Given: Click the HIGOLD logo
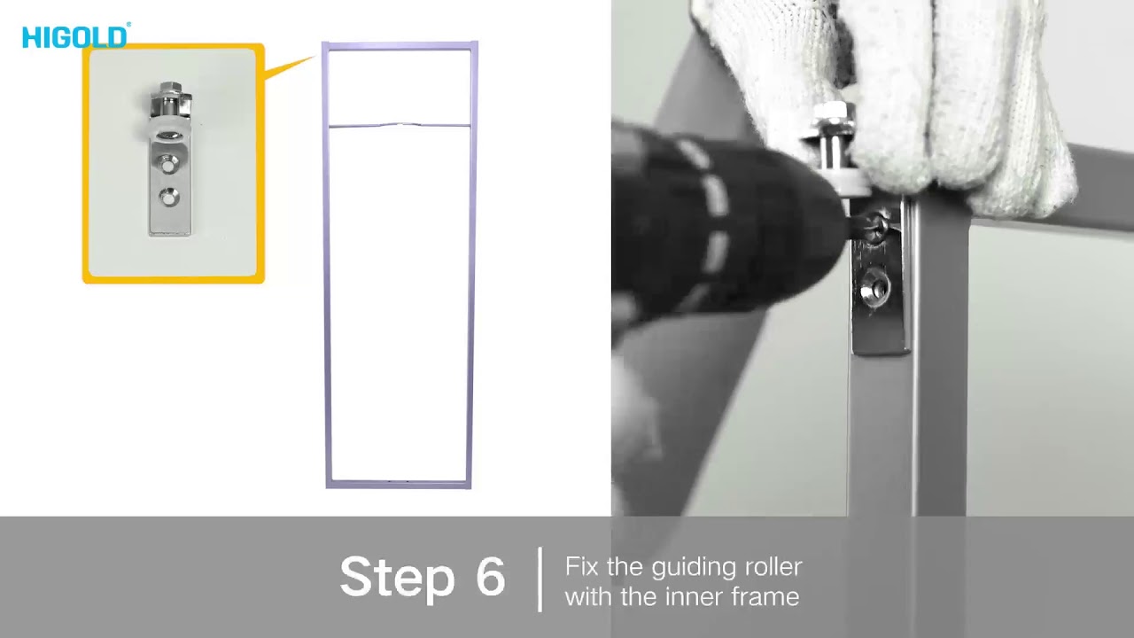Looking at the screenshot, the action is click(76, 36).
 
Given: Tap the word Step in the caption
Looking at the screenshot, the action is click(398, 578).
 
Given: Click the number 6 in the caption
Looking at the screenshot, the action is click(491, 575).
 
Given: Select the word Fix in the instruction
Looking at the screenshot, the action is click(582, 566).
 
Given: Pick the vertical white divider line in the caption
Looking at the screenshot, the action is click(540, 580).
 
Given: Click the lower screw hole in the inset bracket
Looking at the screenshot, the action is click(167, 197).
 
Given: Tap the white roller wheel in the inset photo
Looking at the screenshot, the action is click(166, 133).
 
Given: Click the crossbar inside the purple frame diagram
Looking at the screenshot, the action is click(400, 125).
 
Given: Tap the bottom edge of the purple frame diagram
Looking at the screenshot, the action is click(399, 484).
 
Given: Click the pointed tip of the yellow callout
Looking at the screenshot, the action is click(315, 57).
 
